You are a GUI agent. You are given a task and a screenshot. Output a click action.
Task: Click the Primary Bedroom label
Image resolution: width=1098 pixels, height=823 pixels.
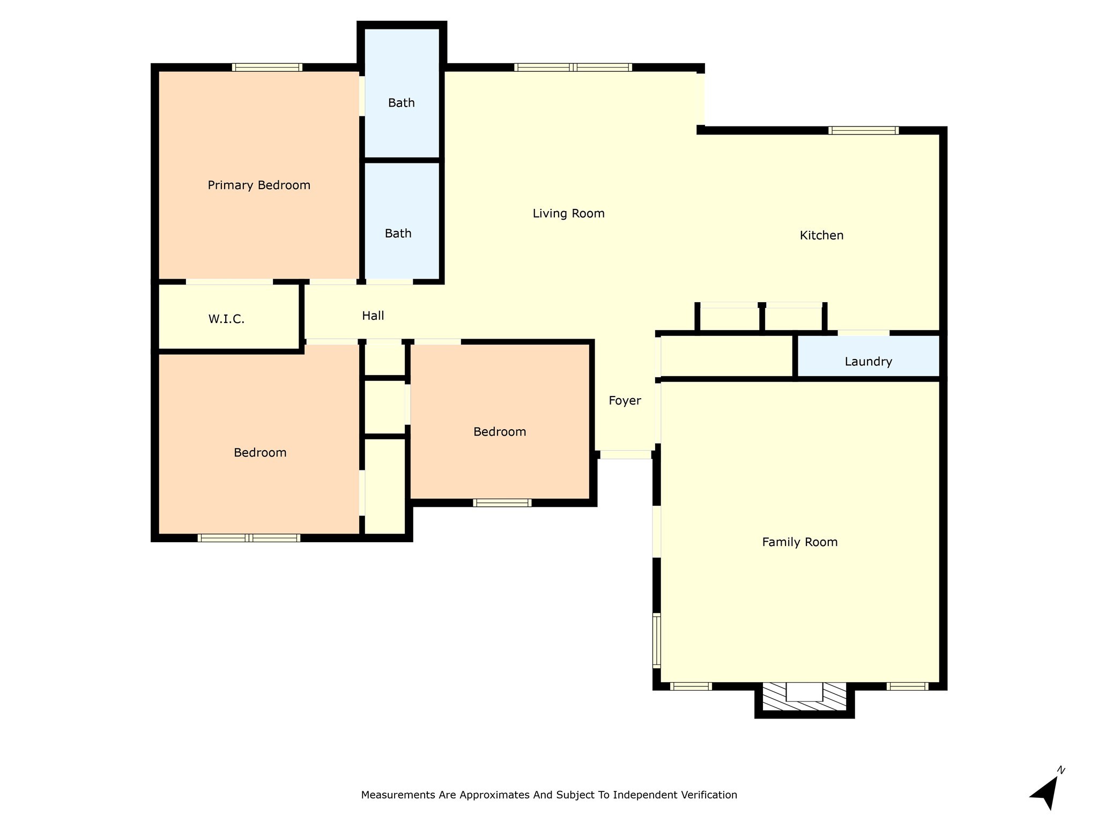[259, 185]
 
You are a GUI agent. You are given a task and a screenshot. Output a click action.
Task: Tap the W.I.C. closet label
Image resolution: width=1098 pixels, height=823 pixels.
[226, 319]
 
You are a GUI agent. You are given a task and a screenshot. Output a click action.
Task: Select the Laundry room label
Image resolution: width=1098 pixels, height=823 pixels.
[868, 362]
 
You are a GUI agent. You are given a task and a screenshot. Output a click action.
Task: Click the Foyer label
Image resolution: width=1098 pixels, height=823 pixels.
[625, 401]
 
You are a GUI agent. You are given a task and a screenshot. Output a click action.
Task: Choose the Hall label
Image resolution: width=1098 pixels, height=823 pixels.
[373, 316]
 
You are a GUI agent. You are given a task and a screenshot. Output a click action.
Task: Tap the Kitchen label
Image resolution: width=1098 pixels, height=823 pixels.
[821, 236]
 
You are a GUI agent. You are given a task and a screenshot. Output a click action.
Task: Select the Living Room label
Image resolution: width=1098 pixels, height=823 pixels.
[568, 214]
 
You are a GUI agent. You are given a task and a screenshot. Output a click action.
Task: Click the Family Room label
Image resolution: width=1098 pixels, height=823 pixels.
[799, 542]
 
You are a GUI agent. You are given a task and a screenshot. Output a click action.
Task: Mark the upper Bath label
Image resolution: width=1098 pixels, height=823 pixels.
[401, 103]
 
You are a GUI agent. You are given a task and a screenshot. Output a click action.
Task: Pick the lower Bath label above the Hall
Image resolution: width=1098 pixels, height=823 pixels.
[398, 234]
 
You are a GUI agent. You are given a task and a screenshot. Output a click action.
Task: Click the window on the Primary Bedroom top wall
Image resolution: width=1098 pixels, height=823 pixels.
[267, 68]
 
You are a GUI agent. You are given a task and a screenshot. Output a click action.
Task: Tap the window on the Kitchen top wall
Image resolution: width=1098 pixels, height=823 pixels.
[863, 131]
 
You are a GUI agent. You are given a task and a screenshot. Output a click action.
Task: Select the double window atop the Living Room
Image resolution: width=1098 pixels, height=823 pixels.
[573, 68]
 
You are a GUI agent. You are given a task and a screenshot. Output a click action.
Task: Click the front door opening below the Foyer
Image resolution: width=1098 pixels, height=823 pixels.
[625, 455]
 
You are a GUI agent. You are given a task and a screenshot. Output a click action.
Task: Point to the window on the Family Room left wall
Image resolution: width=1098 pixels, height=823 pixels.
[656, 640]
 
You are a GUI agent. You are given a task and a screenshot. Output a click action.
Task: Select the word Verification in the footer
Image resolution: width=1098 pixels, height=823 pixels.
[709, 795]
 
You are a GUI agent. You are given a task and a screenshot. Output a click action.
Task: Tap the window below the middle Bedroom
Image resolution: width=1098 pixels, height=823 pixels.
[502, 503]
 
